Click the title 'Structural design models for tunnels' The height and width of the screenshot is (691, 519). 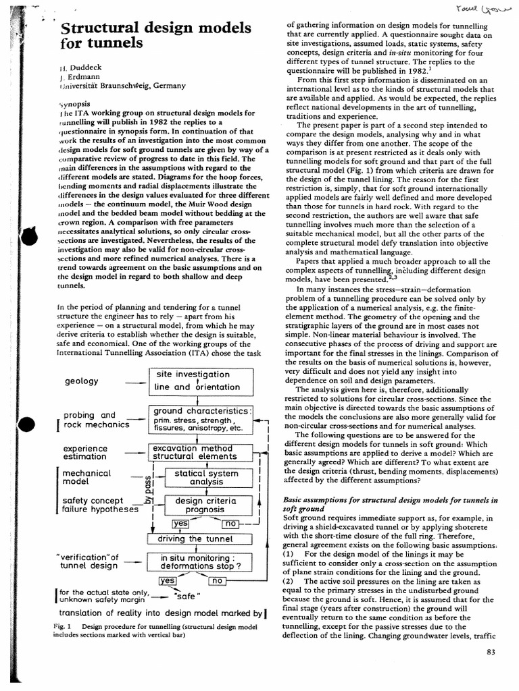coord(156,36)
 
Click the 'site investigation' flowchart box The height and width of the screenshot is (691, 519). coord(200,381)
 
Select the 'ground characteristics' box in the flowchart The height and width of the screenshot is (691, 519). coord(200,419)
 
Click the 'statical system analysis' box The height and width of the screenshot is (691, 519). coord(206,478)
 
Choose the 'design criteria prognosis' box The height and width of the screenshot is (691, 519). coord(206,505)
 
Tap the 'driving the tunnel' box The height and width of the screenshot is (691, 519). coord(199,538)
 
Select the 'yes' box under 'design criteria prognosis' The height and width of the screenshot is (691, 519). coord(180,523)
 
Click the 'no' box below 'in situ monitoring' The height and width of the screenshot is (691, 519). coord(218,580)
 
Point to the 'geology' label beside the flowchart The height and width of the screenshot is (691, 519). coord(81,381)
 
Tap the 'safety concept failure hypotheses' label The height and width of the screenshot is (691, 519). coord(100,505)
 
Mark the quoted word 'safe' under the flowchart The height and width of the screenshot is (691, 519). coord(187,597)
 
